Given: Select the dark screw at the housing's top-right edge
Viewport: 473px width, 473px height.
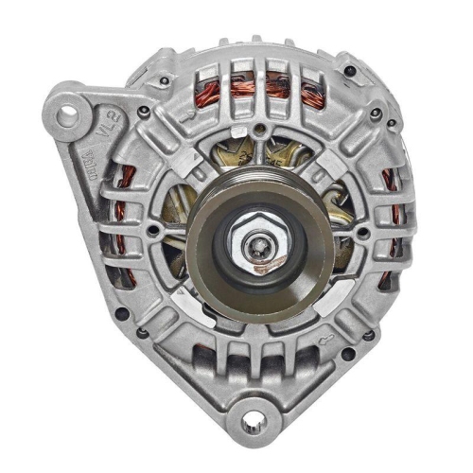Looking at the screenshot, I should (x=376, y=114).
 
